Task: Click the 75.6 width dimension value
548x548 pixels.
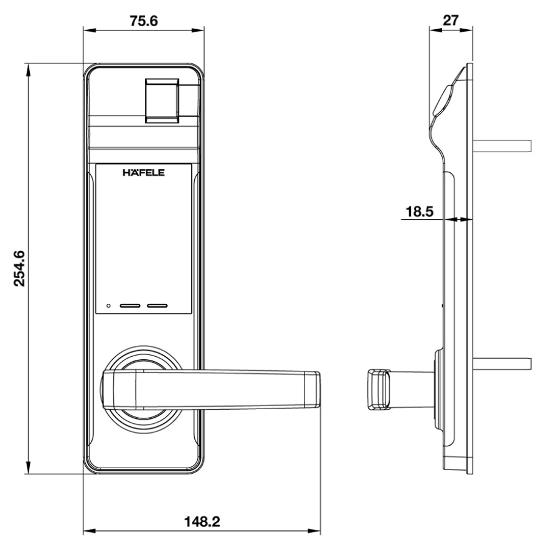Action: click(x=144, y=21)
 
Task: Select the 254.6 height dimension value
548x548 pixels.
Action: click(x=19, y=269)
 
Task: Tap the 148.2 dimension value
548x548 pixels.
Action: click(x=202, y=522)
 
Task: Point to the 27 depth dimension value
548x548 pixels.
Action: click(x=450, y=20)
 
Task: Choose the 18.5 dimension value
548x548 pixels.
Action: click(x=420, y=211)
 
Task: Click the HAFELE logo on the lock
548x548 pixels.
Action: click(x=144, y=172)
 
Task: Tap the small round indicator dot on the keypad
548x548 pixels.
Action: click(x=108, y=306)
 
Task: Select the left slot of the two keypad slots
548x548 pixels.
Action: click(x=130, y=306)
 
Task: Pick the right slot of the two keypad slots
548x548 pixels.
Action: click(x=157, y=306)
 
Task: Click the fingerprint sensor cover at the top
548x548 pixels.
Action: click(x=162, y=100)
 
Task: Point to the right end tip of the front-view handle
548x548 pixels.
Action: click(x=320, y=389)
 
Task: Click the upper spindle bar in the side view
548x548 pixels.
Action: click(x=502, y=146)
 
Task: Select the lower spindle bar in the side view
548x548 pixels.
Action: click(x=502, y=364)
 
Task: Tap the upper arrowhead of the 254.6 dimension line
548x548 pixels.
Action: click(x=28, y=69)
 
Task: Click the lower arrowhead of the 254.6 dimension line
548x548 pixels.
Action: click(x=28, y=468)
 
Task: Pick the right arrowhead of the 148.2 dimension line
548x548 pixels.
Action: click(x=314, y=532)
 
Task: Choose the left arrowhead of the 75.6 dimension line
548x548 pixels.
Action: click(x=90, y=30)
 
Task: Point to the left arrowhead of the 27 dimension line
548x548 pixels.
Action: click(x=435, y=30)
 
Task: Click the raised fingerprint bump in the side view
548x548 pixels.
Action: click(x=443, y=100)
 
